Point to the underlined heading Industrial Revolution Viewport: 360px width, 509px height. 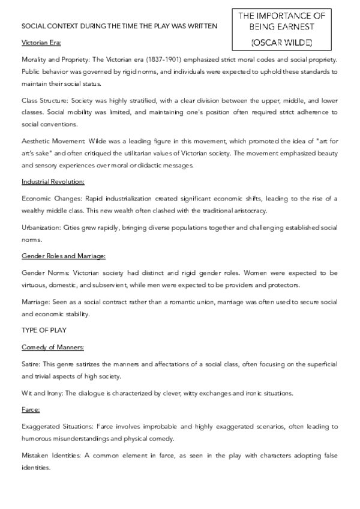(x=53, y=181)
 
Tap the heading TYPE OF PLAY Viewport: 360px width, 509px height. (x=43, y=330)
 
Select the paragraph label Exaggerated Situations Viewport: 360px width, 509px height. (x=55, y=426)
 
